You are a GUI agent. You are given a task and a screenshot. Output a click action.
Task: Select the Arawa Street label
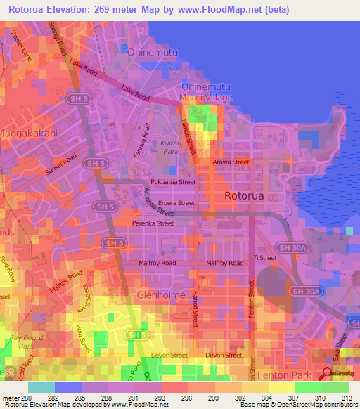tap(231, 162)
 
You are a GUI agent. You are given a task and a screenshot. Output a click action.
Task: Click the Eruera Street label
tap(176, 203)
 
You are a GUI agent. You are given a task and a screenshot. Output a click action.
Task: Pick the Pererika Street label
tap(153, 223)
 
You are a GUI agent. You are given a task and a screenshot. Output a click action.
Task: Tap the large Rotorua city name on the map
tap(244, 196)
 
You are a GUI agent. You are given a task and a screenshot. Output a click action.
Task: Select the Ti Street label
tap(265, 258)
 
